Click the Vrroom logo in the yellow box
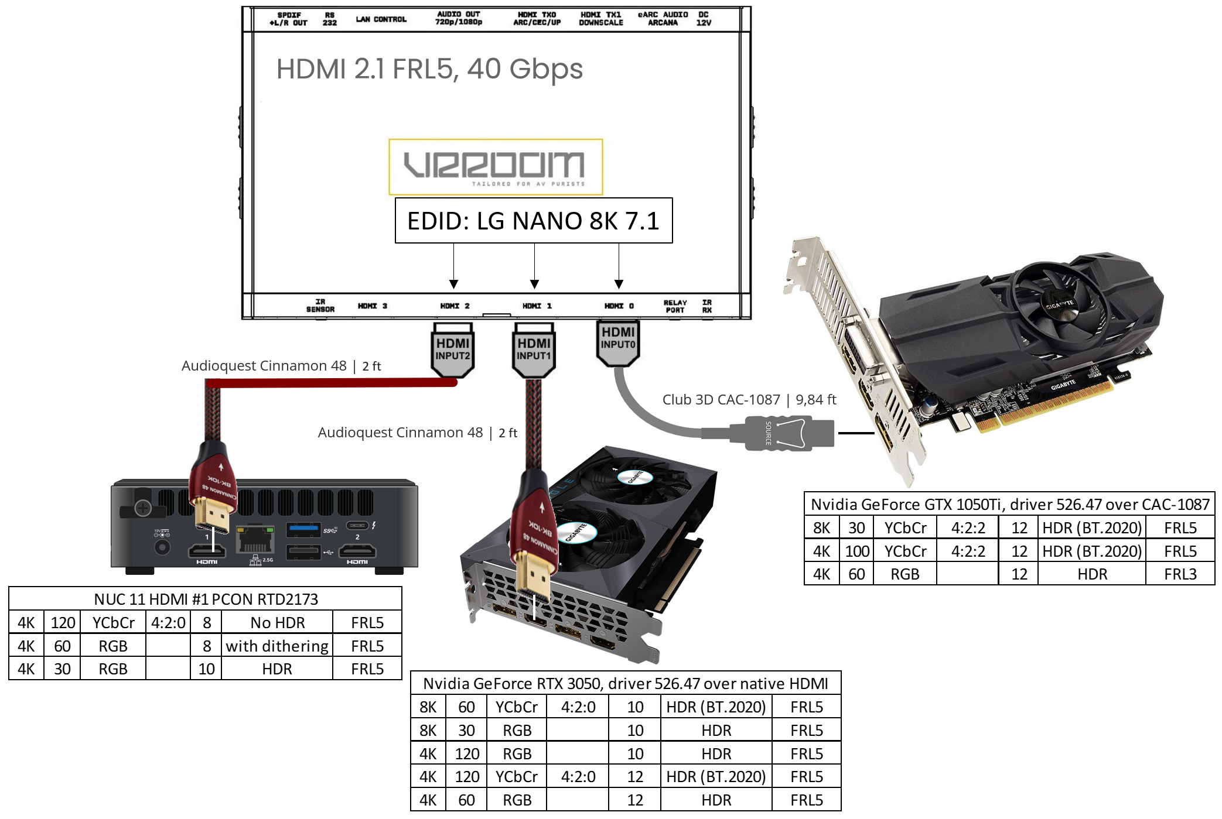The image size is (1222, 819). [495, 167]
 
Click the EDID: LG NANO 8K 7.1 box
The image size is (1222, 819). [533, 221]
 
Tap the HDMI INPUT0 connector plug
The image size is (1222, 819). [617, 343]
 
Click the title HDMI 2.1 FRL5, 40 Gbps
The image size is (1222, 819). [429, 69]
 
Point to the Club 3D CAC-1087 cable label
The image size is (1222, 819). [748, 399]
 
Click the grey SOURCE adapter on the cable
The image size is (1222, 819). [788, 433]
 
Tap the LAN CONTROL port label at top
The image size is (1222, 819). [381, 19]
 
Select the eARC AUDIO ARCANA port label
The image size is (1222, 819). [663, 19]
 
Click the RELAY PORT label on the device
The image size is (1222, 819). [675, 306]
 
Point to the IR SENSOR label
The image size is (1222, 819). [320, 306]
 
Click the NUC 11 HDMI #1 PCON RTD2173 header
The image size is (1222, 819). [206, 599]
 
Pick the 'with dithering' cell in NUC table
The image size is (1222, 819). [277, 646]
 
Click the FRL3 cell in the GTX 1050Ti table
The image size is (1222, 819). [1180, 574]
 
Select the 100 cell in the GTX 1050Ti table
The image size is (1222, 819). [856, 551]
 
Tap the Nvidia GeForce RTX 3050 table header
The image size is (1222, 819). [625, 683]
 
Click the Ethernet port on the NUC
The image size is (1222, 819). [255, 539]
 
